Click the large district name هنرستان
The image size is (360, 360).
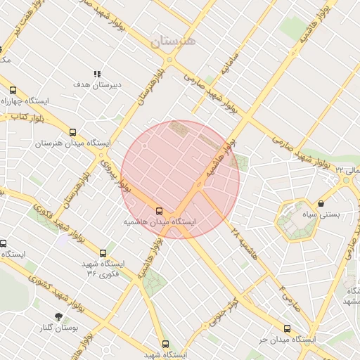coord(175,41)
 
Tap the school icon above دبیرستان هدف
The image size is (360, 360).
coord(97,74)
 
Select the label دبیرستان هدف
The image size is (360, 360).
coord(97,84)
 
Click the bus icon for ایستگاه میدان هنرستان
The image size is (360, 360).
coord(72,131)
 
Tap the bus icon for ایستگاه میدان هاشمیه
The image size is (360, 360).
coord(159,210)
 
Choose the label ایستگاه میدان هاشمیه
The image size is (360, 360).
coord(160,221)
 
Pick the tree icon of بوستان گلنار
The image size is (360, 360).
coord(59,316)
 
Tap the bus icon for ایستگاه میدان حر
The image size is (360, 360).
coord(287,328)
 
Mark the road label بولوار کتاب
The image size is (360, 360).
coord(28,117)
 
